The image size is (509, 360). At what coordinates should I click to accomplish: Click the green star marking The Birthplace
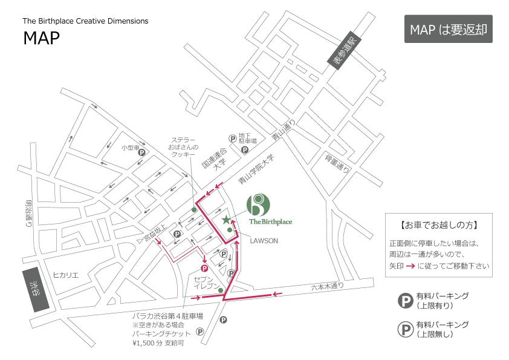(x=226, y=220)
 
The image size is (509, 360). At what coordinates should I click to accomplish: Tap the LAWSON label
(x=264, y=241)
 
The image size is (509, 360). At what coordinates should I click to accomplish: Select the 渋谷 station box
(x=36, y=290)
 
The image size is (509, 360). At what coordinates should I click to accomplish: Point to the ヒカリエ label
(x=65, y=275)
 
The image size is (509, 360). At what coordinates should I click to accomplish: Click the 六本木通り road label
(x=328, y=286)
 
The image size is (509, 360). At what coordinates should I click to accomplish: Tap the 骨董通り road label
(x=337, y=163)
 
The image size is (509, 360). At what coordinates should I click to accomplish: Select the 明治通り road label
(x=29, y=214)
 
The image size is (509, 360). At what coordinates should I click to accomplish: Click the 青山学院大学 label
(x=256, y=169)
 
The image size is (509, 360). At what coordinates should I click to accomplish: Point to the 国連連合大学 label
(x=215, y=159)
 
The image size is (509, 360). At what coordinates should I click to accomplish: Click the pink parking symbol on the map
(x=204, y=269)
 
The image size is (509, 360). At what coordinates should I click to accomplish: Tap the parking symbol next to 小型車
(x=142, y=152)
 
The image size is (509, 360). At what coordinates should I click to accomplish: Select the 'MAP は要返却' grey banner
(x=449, y=29)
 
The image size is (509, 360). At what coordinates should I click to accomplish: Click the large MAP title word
(x=42, y=38)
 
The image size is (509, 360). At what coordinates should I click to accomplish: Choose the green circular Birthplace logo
(x=258, y=205)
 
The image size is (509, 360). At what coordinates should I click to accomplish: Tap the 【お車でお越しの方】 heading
(x=438, y=225)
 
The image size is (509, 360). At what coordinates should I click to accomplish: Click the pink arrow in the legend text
(x=410, y=266)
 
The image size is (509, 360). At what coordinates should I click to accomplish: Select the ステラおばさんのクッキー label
(x=183, y=147)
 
